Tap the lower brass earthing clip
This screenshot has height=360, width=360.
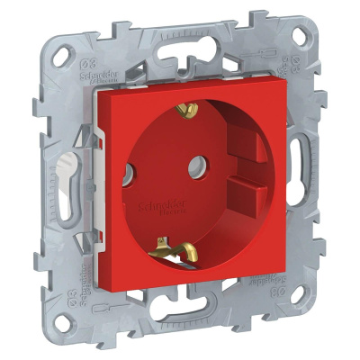(166, 245)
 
